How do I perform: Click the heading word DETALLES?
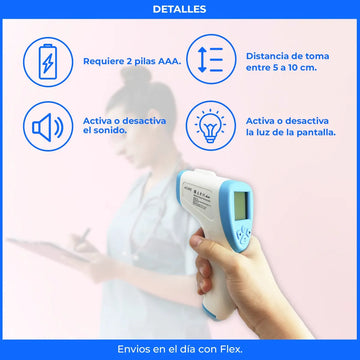(x=179, y=9)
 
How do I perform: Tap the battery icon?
(x=48, y=62)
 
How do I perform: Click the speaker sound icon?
(x=47, y=127)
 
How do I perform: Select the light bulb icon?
(x=211, y=126)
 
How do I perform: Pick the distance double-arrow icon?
(x=210, y=60)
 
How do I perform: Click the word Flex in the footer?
(x=231, y=349)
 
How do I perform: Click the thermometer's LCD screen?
(x=241, y=206)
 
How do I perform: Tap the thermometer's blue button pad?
(x=243, y=235)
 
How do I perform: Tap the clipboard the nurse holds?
(x=50, y=249)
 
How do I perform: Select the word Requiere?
(x=104, y=62)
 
